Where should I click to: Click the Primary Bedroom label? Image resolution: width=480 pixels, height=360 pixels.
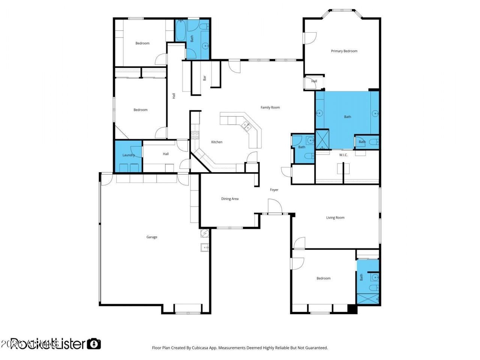coord(344,51)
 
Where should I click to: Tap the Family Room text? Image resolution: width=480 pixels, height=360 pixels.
coord(270,108)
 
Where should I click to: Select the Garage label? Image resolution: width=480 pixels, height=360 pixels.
coord(151,237)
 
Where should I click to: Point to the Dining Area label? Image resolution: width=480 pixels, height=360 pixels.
coord(229,199)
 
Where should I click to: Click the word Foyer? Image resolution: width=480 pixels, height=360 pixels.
coord(274,190)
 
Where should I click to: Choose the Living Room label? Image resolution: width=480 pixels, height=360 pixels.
coord(335,217)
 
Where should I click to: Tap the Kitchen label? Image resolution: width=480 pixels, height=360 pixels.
coord(216,142)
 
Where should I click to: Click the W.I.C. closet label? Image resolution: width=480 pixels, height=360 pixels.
coord(343,155)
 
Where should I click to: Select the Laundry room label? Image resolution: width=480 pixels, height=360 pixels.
coord(128,155)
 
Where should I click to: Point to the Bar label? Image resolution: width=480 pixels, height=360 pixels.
coord(205,78)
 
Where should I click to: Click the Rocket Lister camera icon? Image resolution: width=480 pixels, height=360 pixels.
coord(94,343)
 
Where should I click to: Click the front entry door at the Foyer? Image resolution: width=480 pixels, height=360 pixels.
coord(275,206)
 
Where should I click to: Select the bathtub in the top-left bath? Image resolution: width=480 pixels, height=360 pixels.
coord(180,30)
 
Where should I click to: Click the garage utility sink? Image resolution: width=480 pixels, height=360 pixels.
coord(204,247)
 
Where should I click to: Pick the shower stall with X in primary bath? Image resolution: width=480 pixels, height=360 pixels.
coord(322,139)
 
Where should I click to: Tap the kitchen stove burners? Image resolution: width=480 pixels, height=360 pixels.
coord(195,135)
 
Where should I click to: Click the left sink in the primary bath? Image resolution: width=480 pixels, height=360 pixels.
coord(320,113)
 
